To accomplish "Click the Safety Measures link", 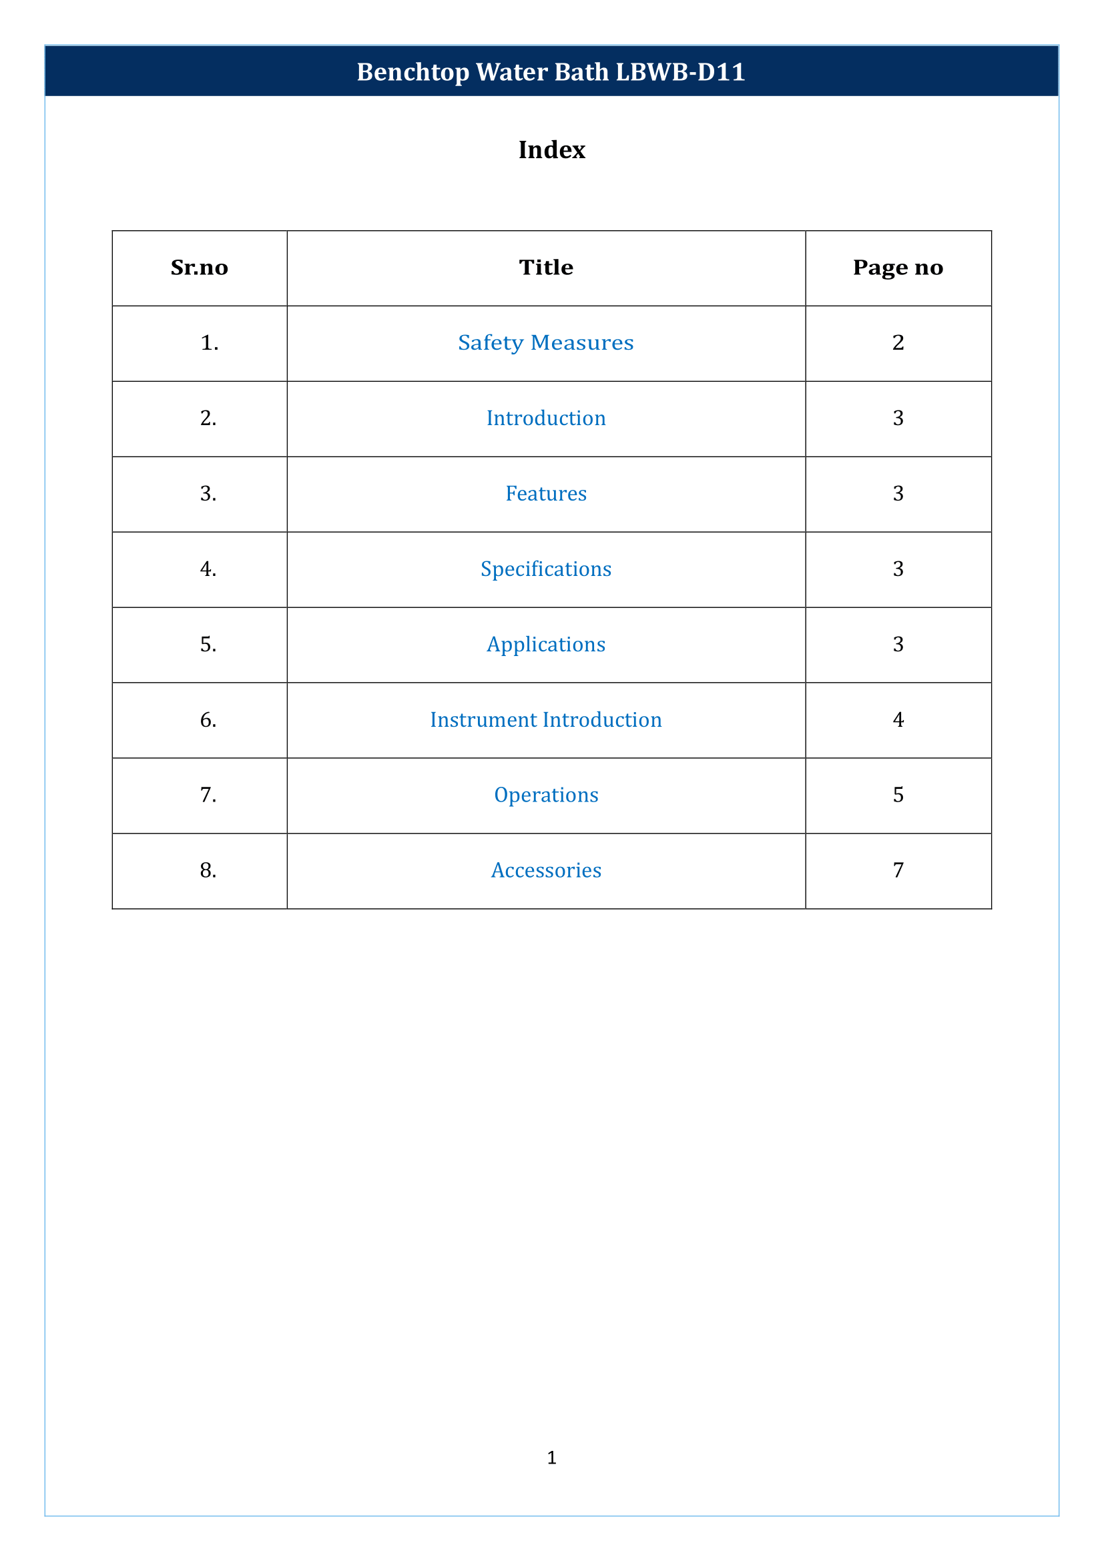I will pyautogui.click(x=545, y=342).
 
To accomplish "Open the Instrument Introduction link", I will pyautogui.click(x=545, y=719).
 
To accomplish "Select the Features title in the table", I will pyautogui.click(x=545, y=494).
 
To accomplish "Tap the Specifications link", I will pyautogui.click(x=545, y=569).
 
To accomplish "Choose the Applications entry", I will pyautogui.click(x=545, y=645).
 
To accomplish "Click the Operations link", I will pyautogui.click(x=545, y=795).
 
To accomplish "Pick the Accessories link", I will pyautogui.click(x=545, y=870).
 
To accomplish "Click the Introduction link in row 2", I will pyautogui.click(x=545, y=418).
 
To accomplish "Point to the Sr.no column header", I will pyautogui.click(x=199, y=268).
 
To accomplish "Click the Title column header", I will pyautogui.click(x=545, y=267).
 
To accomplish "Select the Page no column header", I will pyautogui.click(x=897, y=268).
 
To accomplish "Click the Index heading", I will pyautogui.click(x=551, y=149).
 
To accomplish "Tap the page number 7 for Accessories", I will pyautogui.click(x=897, y=870).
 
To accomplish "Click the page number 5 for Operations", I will pyautogui.click(x=897, y=795).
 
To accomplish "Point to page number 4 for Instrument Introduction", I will pyautogui.click(x=897, y=719).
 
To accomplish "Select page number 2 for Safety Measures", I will pyautogui.click(x=897, y=342).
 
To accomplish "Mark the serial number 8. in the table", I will pyautogui.click(x=208, y=870).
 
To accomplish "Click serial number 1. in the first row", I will pyautogui.click(x=209, y=342).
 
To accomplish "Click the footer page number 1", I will pyautogui.click(x=551, y=1457).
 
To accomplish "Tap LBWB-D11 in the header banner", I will pyautogui.click(x=679, y=72).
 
